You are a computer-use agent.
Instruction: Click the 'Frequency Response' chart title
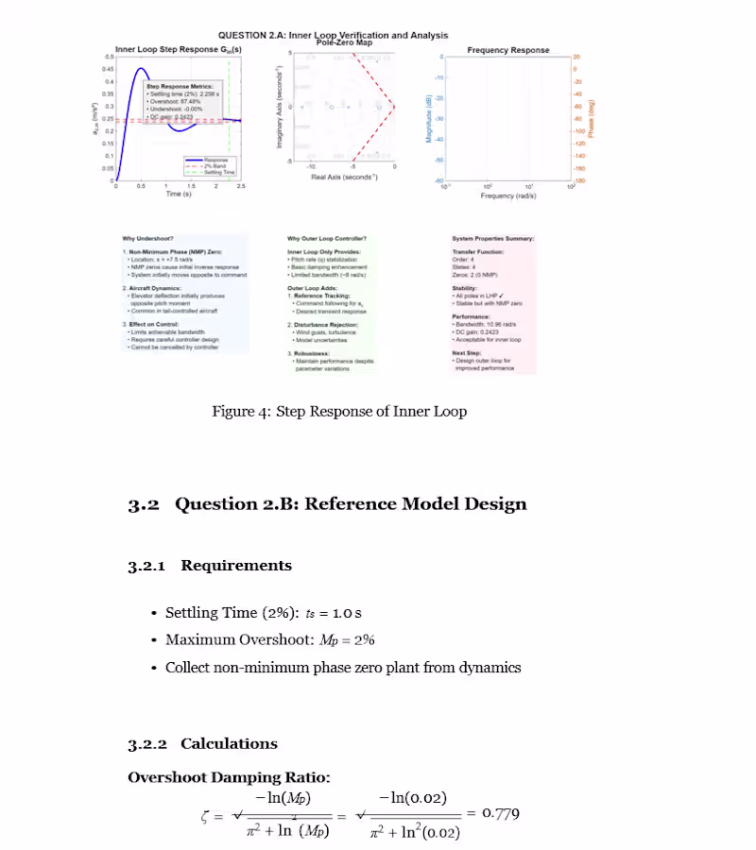507,50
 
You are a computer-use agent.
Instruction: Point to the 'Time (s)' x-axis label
179,195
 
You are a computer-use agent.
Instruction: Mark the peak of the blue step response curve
141,69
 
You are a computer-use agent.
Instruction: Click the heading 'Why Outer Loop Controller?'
327,238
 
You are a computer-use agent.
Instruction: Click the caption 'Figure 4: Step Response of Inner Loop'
339,411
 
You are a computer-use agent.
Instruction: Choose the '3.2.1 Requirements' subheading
209,566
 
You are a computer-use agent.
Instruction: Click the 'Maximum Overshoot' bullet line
269,639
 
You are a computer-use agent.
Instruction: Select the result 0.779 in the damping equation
500,813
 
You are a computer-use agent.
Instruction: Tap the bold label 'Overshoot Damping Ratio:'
228,777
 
